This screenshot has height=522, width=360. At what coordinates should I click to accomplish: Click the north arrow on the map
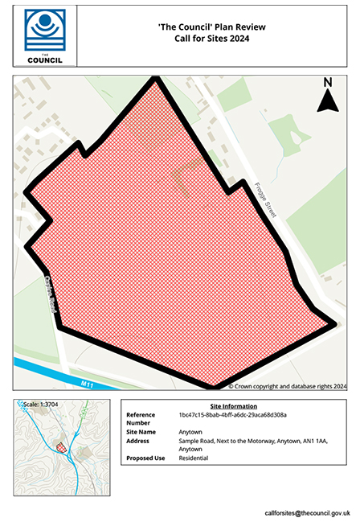coord(327,101)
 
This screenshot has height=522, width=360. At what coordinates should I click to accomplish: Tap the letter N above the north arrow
coord(327,82)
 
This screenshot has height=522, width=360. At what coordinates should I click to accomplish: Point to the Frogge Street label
coord(264,197)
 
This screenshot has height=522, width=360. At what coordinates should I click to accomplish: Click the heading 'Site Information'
coord(233,406)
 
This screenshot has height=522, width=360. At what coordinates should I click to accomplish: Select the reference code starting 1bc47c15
coord(232,415)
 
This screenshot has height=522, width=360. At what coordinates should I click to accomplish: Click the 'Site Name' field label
coord(141,432)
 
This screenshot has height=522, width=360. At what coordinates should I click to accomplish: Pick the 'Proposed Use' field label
coord(145,458)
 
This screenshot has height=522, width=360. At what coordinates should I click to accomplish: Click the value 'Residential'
coord(194,458)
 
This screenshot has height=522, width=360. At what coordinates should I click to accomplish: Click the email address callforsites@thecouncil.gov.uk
coord(308,512)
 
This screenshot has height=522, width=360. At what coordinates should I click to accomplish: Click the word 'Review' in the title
coord(249,27)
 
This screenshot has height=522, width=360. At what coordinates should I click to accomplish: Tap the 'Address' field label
coord(138,441)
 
